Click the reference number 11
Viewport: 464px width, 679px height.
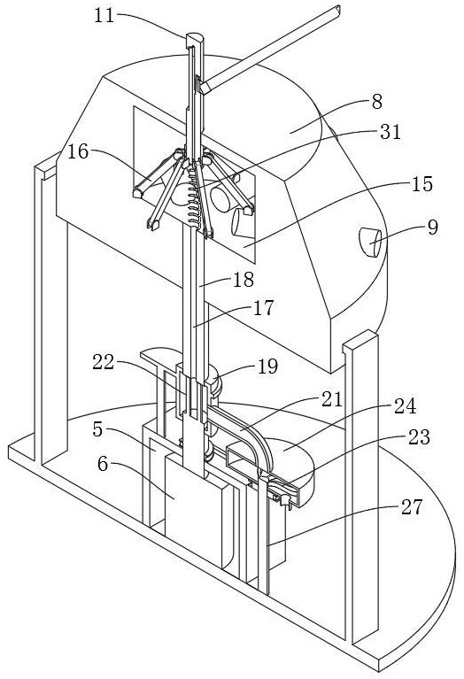[x=104, y=16]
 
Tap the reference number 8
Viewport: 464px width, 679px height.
[x=376, y=102]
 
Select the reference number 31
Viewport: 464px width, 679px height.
[x=391, y=132]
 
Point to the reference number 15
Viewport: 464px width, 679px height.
[x=422, y=184]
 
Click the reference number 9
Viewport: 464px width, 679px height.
[x=432, y=227]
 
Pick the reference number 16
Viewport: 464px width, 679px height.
[x=78, y=152]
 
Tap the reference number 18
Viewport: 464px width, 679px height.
[x=243, y=280]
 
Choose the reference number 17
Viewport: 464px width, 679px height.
[x=263, y=308]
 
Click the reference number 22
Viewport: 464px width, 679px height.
[x=103, y=362]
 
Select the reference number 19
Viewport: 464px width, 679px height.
[x=267, y=367]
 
